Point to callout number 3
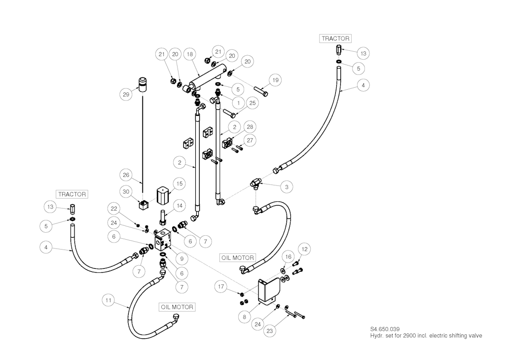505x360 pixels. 286,187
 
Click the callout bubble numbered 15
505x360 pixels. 179,183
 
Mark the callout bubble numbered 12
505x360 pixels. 304,250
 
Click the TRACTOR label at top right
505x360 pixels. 335,38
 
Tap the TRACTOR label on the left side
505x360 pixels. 72,194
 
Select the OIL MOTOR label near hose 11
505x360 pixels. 177,307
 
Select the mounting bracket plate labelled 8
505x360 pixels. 268,291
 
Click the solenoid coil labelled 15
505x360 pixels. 163,195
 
